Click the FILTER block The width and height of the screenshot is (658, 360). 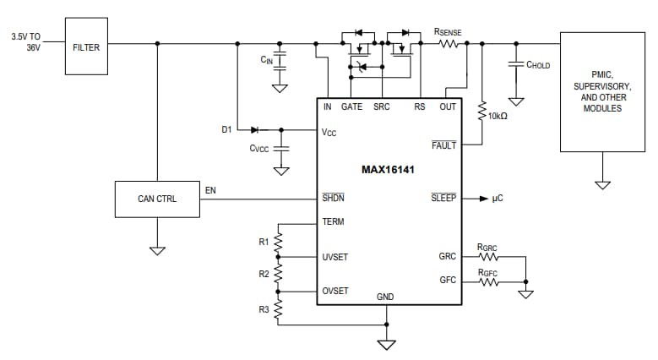[x=86, y=47]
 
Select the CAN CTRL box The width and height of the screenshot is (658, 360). [x=157, y=199]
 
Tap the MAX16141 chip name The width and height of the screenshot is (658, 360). [x=388, y=169]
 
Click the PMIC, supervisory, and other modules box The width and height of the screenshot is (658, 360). [x=602, y=91]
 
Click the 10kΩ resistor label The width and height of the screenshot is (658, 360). [x=498, y=115]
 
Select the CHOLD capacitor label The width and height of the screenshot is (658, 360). [x=538, y=64]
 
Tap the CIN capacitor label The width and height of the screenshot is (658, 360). [x=266, y=60]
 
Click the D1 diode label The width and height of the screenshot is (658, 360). [x=226, y=129]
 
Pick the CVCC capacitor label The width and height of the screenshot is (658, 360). [x=259, y=148]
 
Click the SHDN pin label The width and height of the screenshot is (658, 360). [x=333, y=198]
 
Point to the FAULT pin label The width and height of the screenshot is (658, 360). [x=443, y=145]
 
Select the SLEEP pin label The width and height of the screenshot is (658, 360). [x=443, y=198]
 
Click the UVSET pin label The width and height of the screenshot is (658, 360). [x=335, y=257]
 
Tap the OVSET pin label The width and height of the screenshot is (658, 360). [x=335, y=290]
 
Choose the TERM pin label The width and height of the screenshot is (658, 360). [x=333, y=221]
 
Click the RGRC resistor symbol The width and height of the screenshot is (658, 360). [x=488, y=257]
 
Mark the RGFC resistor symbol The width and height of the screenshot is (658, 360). [x=488, y=282]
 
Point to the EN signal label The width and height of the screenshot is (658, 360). [x=210, y=190]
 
